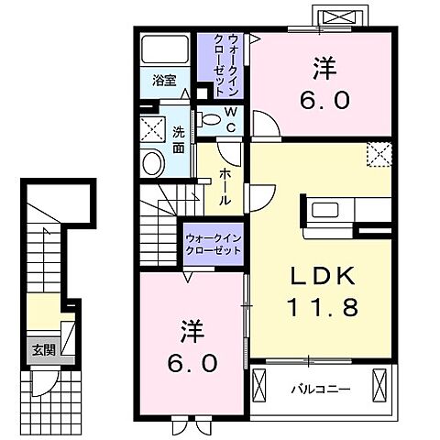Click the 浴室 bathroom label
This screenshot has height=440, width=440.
point(164,81)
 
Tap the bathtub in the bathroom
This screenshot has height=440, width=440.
point(165,49)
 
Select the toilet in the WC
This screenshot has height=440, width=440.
point(209,119)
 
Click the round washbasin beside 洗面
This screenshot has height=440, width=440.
point(153,163)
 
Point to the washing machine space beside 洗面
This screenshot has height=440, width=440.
point(152,129)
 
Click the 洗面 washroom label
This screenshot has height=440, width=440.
point(179,139)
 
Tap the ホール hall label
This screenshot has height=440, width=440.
point(225,186)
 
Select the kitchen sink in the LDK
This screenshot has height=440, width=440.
point(324,210)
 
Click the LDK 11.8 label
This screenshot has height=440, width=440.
point(322,291)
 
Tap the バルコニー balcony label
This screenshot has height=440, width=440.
point(321,390)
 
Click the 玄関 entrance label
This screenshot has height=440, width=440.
point(44,350)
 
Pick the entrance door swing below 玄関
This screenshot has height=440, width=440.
point(43,383)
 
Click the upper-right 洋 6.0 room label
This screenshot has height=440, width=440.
point(324,83)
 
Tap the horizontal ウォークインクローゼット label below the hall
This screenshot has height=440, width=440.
point(214,245)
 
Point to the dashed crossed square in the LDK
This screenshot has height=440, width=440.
point(379,155)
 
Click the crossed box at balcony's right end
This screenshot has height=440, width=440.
point(379,385)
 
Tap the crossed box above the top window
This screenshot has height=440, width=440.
point(340,16)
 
